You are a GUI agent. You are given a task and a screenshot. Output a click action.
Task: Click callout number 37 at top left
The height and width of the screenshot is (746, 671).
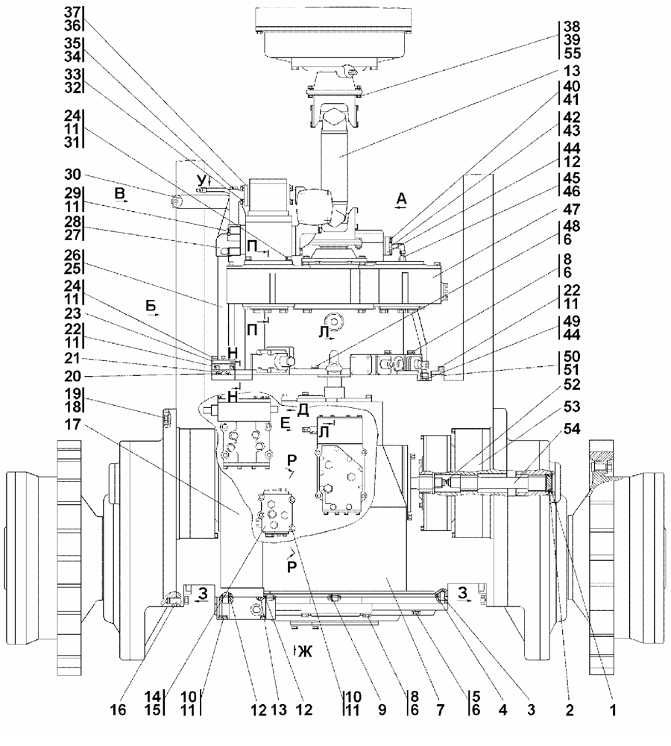click(x=72, y=13)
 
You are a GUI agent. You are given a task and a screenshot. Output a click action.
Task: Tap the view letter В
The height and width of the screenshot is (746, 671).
click(x=120, y=195)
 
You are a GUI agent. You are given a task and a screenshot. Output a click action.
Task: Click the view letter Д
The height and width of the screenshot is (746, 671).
click(x=302, y=410)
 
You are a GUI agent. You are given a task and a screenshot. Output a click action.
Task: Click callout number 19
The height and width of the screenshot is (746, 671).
click(x=72, y=392)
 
